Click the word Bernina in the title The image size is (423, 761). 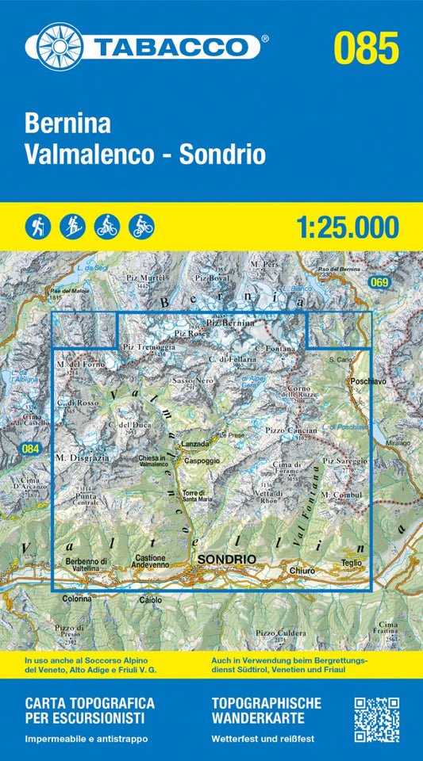coord(69,124)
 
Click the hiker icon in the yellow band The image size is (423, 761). coord(37,227)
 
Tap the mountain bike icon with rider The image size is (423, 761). coord(141,227)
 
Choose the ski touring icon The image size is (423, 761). coord(71,227)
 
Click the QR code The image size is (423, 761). coord(376,720)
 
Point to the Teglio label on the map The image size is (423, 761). coord(350,563)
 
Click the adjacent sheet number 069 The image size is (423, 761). coord(380,282)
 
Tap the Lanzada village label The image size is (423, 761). coord(195,444)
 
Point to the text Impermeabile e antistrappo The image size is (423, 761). coord(87,739)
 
